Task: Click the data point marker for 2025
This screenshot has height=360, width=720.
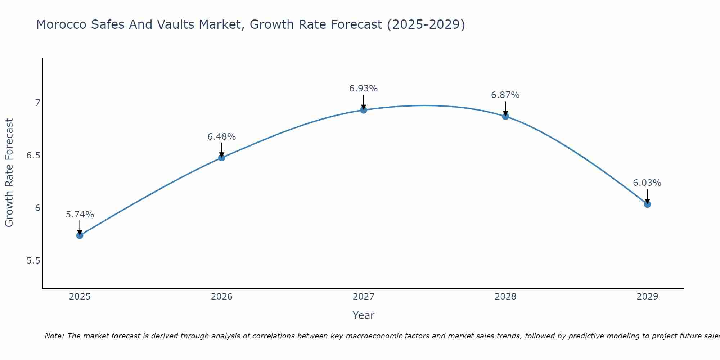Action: coord(80,235)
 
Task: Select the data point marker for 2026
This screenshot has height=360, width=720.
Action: coord(221,158)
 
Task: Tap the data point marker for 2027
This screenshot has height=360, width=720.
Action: coord(364,110)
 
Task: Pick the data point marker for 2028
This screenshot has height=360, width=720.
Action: coord(505,116)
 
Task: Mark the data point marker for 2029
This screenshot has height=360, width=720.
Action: coord(647,204)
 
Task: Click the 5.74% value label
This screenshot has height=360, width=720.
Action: coord(80,215)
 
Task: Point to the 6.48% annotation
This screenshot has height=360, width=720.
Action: coord(221,137)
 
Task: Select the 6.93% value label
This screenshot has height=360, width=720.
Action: coord(364,89)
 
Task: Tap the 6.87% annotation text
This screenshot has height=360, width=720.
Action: coord(505,95)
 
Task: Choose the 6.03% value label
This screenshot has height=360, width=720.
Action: coord(647,183)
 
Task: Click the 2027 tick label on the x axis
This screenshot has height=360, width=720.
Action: coord(364,297)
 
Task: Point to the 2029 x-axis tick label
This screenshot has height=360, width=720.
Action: coord(647,297)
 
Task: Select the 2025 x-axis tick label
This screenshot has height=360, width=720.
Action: coord(80,297)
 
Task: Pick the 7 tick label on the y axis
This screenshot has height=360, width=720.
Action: coord(37,103)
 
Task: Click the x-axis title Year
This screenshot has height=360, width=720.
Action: coord(364,315)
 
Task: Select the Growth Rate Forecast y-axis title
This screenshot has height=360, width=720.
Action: coord(9,173)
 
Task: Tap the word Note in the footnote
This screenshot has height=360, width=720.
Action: coord(54,336)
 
